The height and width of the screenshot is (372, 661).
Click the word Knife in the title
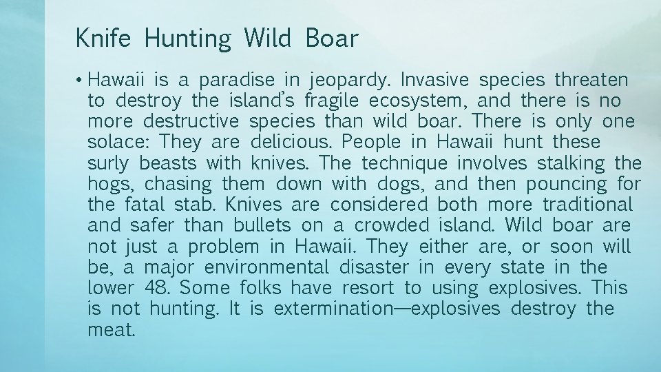[105, 39]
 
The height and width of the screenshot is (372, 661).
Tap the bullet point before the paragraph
[81, 80]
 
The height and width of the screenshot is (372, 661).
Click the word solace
[118, 143]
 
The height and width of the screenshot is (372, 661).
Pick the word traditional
[587, 205]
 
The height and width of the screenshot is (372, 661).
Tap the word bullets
[263, 225]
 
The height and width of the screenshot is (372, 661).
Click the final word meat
[111, 329]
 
